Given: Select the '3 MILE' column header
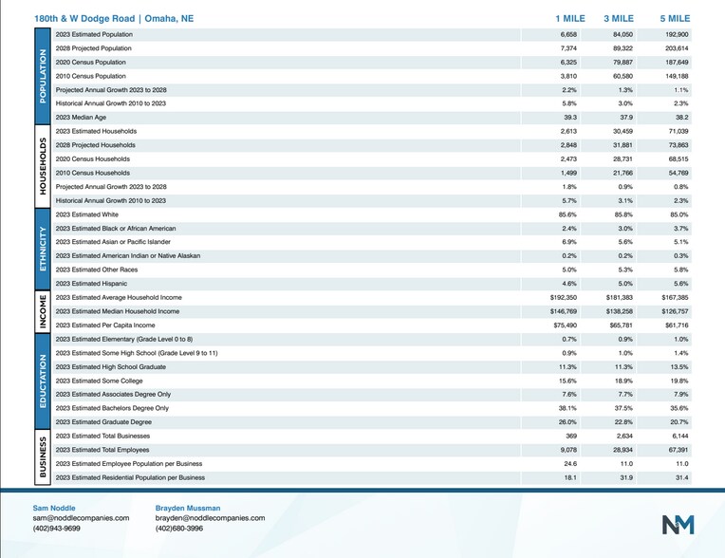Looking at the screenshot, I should [619, 18].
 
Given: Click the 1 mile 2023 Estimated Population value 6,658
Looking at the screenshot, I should [564, 33].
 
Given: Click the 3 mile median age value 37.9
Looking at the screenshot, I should [620, 116].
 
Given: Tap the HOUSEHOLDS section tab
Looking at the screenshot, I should [42, 166].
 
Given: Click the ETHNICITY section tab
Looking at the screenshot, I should [42, 249].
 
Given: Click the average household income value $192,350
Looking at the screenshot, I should [558, 297].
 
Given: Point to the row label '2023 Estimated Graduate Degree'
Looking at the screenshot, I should [102, 421].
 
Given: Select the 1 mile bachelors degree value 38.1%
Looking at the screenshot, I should [565, 407].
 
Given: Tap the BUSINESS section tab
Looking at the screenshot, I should [42, 456].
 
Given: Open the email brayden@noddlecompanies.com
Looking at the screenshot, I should [210, 518].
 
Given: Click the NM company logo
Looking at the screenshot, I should [678, 524].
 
